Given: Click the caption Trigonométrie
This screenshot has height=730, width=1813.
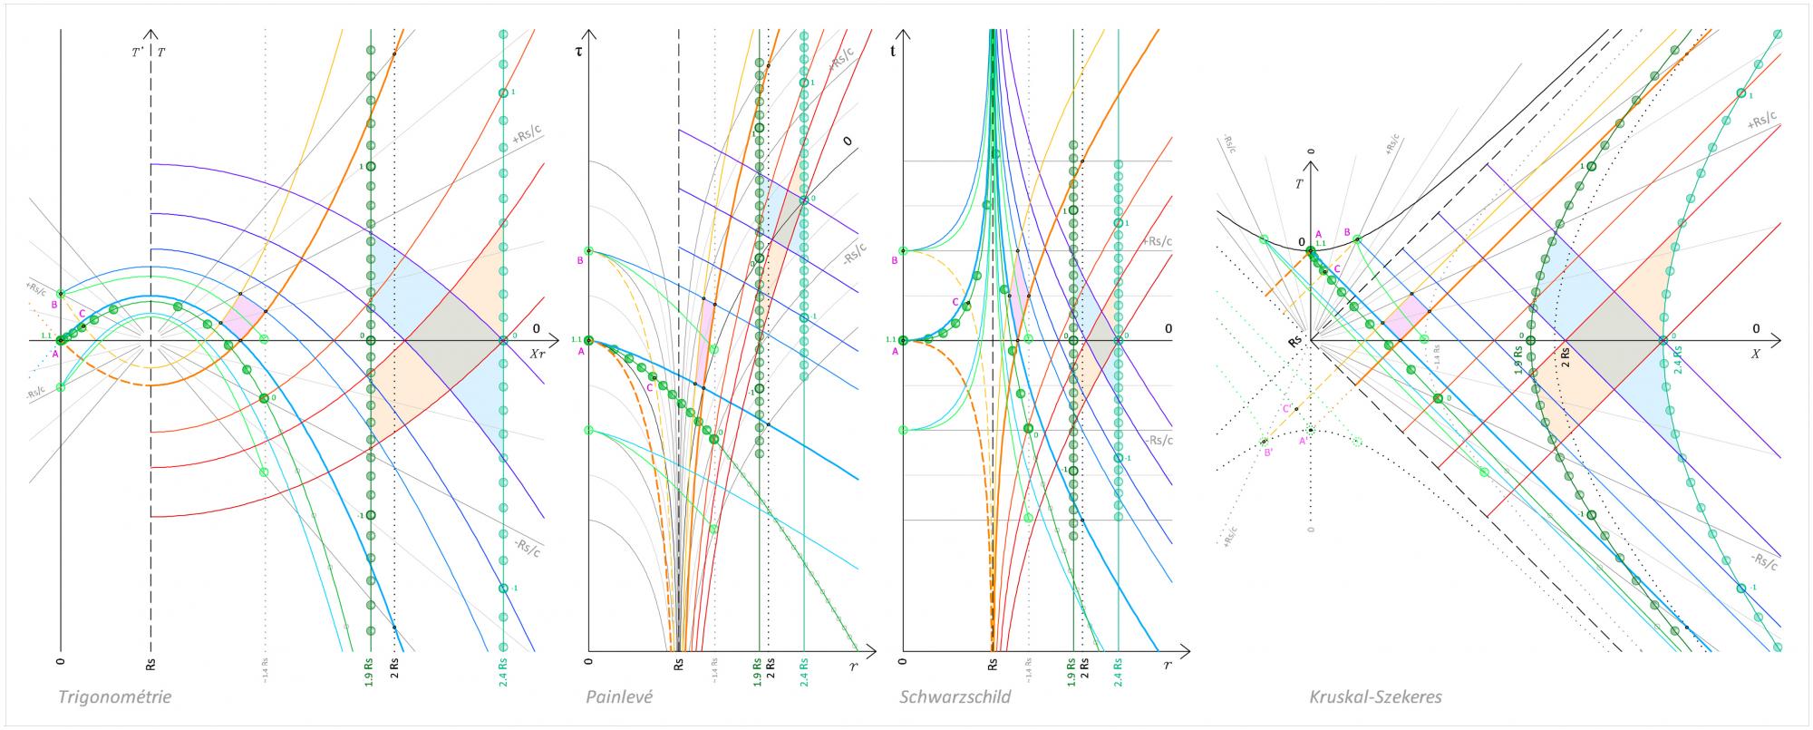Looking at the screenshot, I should point(114,697).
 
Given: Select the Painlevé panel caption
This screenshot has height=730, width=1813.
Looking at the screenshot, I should point(618,697).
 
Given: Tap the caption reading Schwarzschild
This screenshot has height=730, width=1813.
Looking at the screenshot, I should point(955,697).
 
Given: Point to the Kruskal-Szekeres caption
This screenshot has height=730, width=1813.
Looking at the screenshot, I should point(1375,697).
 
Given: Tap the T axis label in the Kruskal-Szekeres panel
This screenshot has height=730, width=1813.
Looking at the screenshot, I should point(1300,183).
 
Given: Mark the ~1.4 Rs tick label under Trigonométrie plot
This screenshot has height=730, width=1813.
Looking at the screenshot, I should point(265,675).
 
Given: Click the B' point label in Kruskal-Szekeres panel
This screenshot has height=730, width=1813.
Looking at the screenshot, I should point(1269,453).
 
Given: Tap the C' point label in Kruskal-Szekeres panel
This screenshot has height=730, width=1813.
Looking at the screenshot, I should point(1287,409).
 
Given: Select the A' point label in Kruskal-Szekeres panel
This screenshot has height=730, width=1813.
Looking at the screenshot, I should point(1303,442).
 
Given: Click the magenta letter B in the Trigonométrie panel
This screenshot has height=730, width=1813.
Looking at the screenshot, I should point(54,305).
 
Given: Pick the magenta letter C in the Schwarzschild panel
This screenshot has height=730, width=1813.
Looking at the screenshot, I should point(955,301).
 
